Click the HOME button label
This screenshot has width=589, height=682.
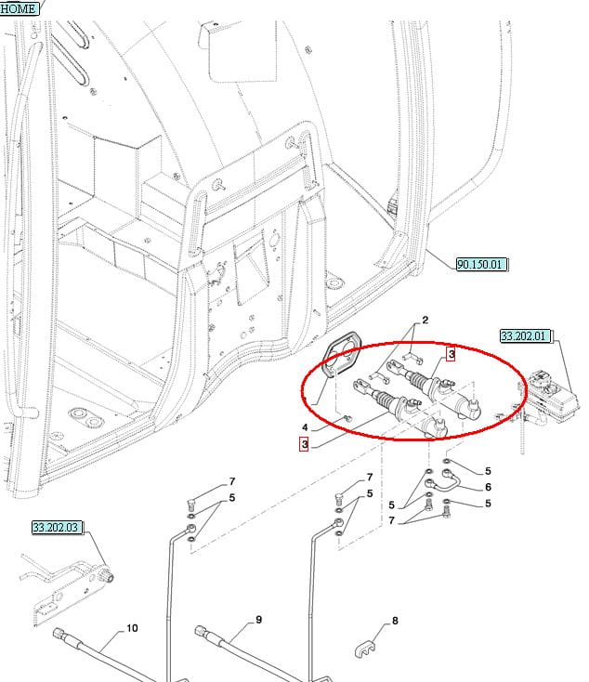click(19, 8)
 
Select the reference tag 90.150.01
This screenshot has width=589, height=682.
click(481, 264)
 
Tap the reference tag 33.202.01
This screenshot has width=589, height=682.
click(525, 335)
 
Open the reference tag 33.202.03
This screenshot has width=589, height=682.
click(57, 527)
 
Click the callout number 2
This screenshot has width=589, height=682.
click(425, 321)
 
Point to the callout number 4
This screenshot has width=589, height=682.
click(306, 428)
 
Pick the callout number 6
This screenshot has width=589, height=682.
click(488, 487)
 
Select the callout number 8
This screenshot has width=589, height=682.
click(395, 621)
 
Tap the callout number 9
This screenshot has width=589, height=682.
click(259, 620)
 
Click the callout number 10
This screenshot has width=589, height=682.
click(132, 628)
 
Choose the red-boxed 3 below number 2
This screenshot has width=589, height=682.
click(452, 354)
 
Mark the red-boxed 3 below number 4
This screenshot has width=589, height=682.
click(304, 444)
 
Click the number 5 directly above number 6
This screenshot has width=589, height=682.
click(488, 471)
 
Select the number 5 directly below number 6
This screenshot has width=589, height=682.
click(488, 504)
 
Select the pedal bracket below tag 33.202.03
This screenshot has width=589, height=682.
click(65, 587)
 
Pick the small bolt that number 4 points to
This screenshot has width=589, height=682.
click(348, 419)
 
